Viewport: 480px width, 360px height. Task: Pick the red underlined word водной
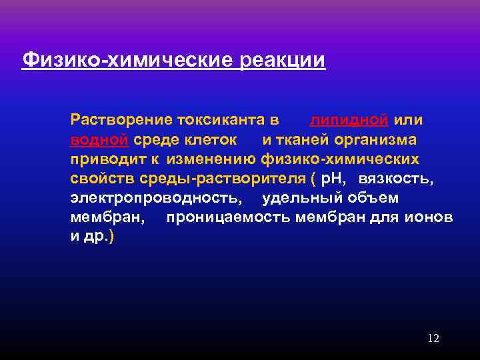(x=99, y=140)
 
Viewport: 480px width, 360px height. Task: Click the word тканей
(x=306, y=140)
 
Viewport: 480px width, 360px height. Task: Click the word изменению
(x=213, y=159)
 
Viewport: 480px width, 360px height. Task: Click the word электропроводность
(x=156, y=198)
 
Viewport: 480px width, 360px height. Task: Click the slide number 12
(x=433, y=339)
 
